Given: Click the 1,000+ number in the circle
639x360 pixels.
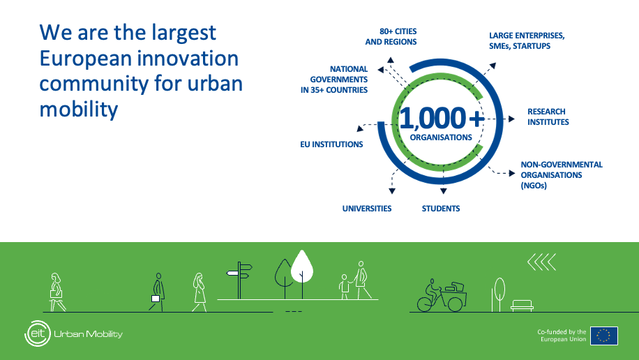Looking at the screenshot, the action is (442, 118).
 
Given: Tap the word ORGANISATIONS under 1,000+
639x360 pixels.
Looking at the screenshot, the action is (441, 137).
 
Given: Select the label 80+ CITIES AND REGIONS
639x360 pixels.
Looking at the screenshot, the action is (391, 37).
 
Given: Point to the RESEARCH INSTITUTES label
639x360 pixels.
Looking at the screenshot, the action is (548, 117).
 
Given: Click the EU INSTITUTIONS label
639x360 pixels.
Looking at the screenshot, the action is (331, 144).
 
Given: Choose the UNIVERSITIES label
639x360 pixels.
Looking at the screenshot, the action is (367, 209).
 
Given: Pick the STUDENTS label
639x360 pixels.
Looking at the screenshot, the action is (441, 209).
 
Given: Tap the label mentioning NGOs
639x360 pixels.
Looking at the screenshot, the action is (562, 175).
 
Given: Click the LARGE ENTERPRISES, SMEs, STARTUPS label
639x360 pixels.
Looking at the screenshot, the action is (527, 40).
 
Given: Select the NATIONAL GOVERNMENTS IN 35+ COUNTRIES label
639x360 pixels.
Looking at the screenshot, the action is (334, 80).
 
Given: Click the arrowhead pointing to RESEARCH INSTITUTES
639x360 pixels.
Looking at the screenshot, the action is (511, 119).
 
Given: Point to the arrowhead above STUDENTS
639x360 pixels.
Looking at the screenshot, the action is (444, 190).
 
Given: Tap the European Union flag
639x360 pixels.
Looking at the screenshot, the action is (604, 336).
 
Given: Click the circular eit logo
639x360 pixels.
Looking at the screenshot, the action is (38, 333).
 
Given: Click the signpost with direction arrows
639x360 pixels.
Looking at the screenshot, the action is (240, 280).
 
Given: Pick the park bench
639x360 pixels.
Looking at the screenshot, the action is (522, 306).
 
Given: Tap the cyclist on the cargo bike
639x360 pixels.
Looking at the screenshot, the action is (442, 296).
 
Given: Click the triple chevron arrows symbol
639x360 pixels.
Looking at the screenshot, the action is (541, 262).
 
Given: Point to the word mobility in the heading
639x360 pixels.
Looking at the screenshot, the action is (79, 110).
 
